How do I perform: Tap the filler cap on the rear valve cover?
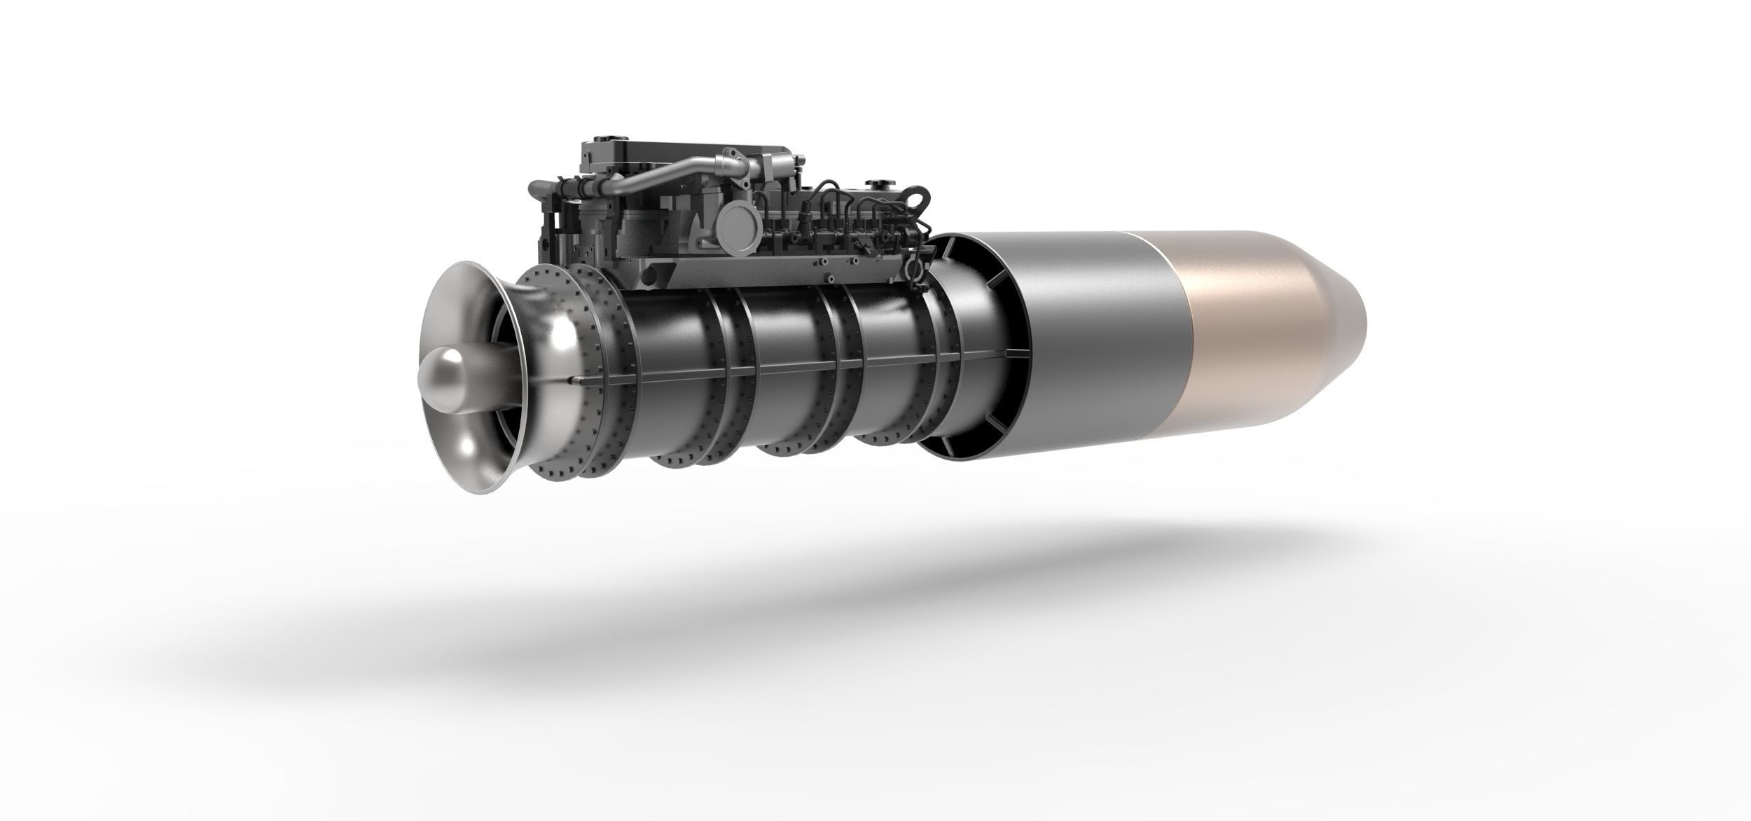[x=875, y=184]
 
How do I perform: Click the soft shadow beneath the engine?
[x=770, y=630]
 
